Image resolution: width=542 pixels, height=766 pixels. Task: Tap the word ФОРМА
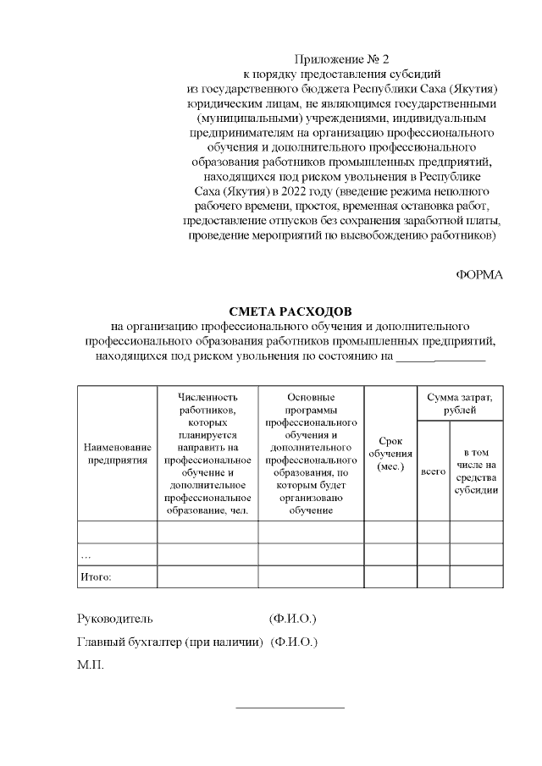pyautogui.click(x=479, y=275)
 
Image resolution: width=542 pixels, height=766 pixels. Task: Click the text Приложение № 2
pyautogui.click(x=343, y=59)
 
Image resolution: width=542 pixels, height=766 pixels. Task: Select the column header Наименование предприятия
pyautogui.click(x=117, y=453)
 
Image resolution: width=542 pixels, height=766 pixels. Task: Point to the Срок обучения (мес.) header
pyautogui.click(x=390, y=454)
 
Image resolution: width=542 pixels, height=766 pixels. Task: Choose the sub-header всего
pyautogui.click(x=433, y=471)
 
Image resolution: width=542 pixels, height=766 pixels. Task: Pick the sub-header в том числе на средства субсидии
pyautogui.click(x=475, y=471)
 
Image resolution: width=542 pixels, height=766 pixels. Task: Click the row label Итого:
pyautogui.click(x=96, y=576)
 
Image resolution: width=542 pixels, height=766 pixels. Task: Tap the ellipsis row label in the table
pyautogui.click(x=86, y=555)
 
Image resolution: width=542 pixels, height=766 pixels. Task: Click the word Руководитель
pyautogui.click(x=115, y=619)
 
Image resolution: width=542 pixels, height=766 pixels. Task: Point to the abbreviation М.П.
pyautogui.click(x=90, y=665)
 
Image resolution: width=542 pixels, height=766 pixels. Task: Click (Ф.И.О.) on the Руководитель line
pyautogui.click(x=292, y=619)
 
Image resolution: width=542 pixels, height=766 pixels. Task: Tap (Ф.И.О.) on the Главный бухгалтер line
pyautogui.click(x=294, y=642)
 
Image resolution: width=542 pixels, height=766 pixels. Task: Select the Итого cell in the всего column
pyautogui.click(x=433, y=576)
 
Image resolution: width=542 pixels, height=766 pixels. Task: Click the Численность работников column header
pyautogui.click(x=207, y=453)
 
